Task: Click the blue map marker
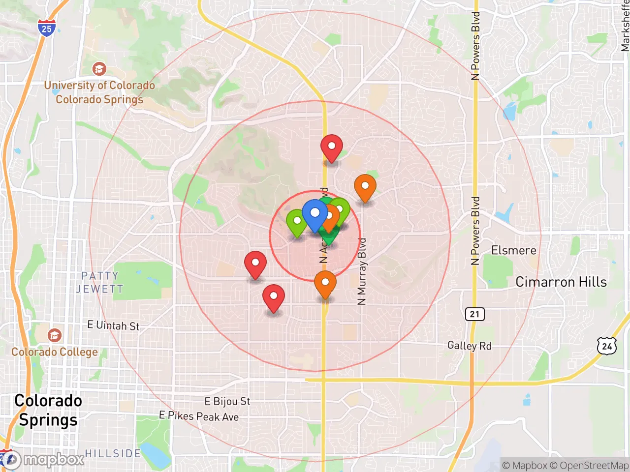(315, 214)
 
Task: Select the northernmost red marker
(331, 147)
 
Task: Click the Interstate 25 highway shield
(46, 28)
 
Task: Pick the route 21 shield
(474, 314)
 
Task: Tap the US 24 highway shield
(607, 346)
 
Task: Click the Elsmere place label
(513, 250)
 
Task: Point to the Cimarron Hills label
(561, 282)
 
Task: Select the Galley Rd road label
(469, 346)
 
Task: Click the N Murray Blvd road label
(362, 271)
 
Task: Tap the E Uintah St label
(113, 325)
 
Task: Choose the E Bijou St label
(227, 401)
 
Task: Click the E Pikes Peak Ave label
(199, 416)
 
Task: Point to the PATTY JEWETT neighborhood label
(99, 282)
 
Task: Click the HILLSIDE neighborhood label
(113, 453)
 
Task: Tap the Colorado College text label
(55, 352)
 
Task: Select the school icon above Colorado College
(55, 335)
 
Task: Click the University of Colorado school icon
(99, 68)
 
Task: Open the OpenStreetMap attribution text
(589, 465)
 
